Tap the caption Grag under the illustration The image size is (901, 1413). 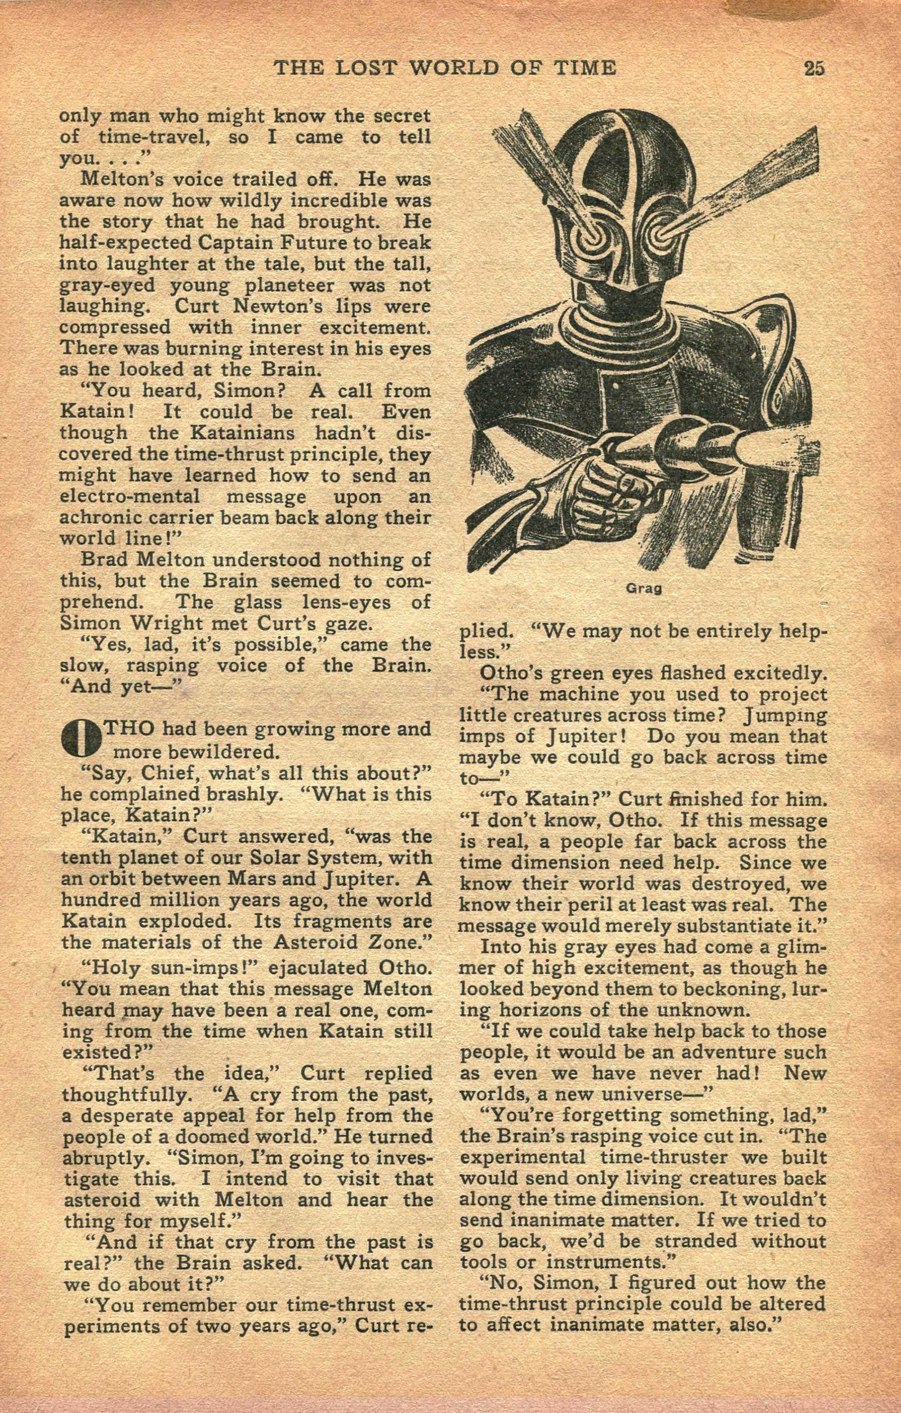coord(644,589)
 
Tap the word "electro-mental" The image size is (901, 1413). coord(130,496)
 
